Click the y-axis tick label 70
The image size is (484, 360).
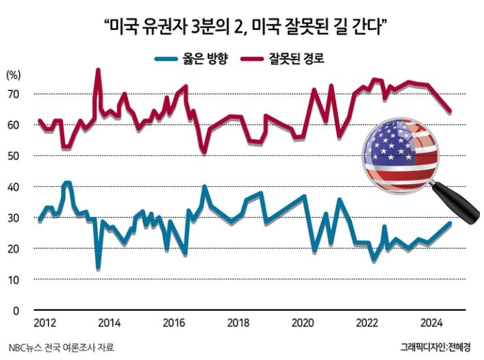click(x=13, y=94)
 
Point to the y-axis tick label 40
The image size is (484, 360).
click(x=13, y=187)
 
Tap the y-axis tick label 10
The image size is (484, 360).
click(x=13, y=280)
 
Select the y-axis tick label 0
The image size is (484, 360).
click(x=16, y=311)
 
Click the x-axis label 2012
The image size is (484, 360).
click(x=45, y=323)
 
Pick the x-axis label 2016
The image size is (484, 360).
click(x=174, y=323)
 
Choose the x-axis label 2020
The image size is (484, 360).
click(x=303, y=323)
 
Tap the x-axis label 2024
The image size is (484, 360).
click(x=431, y=323)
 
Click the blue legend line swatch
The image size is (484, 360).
click(x=166, y=59)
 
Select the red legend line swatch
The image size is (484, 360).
click(x=252, y=59)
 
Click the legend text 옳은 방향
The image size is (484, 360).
click(x=205, y=59)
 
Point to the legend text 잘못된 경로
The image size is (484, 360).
click(x=296, y=59)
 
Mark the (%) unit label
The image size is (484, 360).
click(x=13, y=75)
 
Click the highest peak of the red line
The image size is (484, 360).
click(x=98, y=70)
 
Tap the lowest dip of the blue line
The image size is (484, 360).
click(x=98, y=268)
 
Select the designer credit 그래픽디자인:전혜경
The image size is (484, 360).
click(x=435, y=347)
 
